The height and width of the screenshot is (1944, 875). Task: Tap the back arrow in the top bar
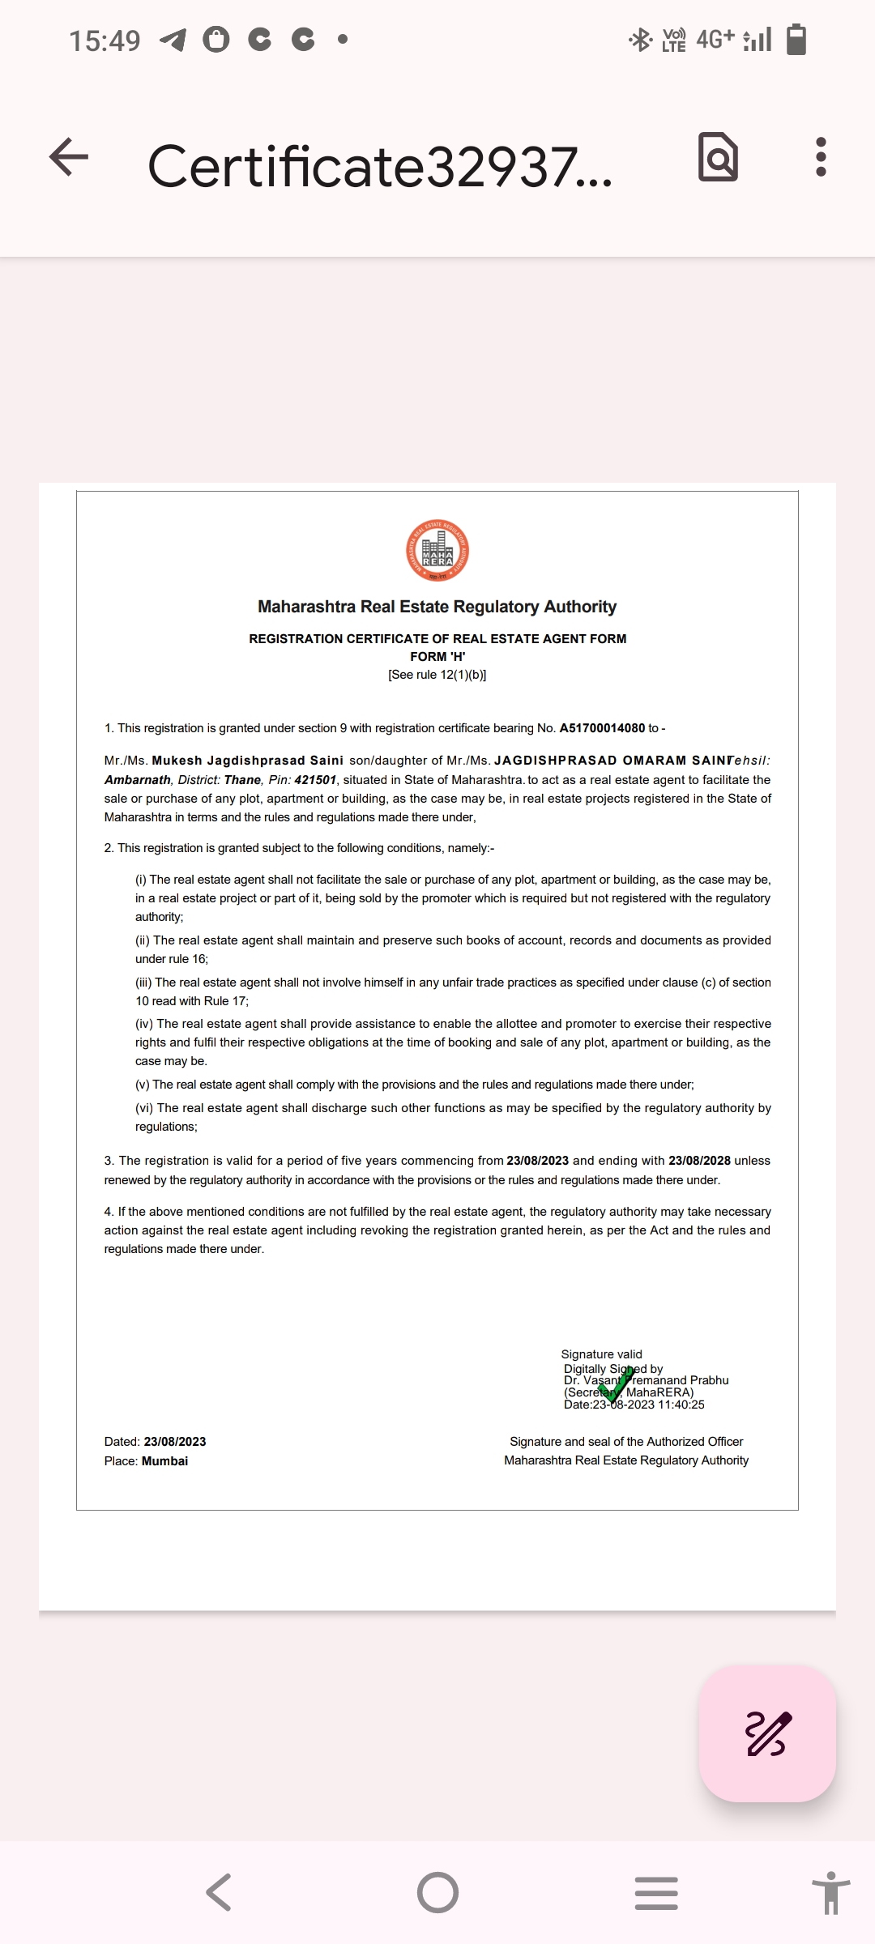tap(69, 156)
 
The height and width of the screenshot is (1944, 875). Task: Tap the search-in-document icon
tap(718, 156)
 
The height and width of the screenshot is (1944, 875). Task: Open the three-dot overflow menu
tap(821, 156)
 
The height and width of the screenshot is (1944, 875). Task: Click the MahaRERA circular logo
tap(437, 551)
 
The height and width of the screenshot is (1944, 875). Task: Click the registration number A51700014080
tap(602, 728)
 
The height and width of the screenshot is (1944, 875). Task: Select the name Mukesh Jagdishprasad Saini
tap(247, 761)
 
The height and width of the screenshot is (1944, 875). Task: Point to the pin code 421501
tap(315, 780)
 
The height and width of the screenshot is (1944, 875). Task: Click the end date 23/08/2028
tap(699, 1161)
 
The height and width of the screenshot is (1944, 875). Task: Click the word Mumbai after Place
tap(164, 1461)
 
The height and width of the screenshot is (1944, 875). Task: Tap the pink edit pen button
tap(767, 1734)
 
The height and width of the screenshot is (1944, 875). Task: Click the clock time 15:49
tap(105, 40)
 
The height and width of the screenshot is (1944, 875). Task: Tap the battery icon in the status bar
tap(796, 39)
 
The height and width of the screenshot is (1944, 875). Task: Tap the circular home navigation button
tap(437, 1893)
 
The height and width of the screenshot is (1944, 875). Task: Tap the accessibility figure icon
tap(830, 1893)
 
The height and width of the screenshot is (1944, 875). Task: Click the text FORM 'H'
tap(437, 657)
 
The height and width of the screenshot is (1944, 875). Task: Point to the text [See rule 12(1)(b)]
tap(437, 675)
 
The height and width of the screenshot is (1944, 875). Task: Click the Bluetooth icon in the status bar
tap(641, 39)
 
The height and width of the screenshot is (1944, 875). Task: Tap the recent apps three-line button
tap(656, 1893)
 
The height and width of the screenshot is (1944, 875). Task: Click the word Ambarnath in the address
tap(138, 780)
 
